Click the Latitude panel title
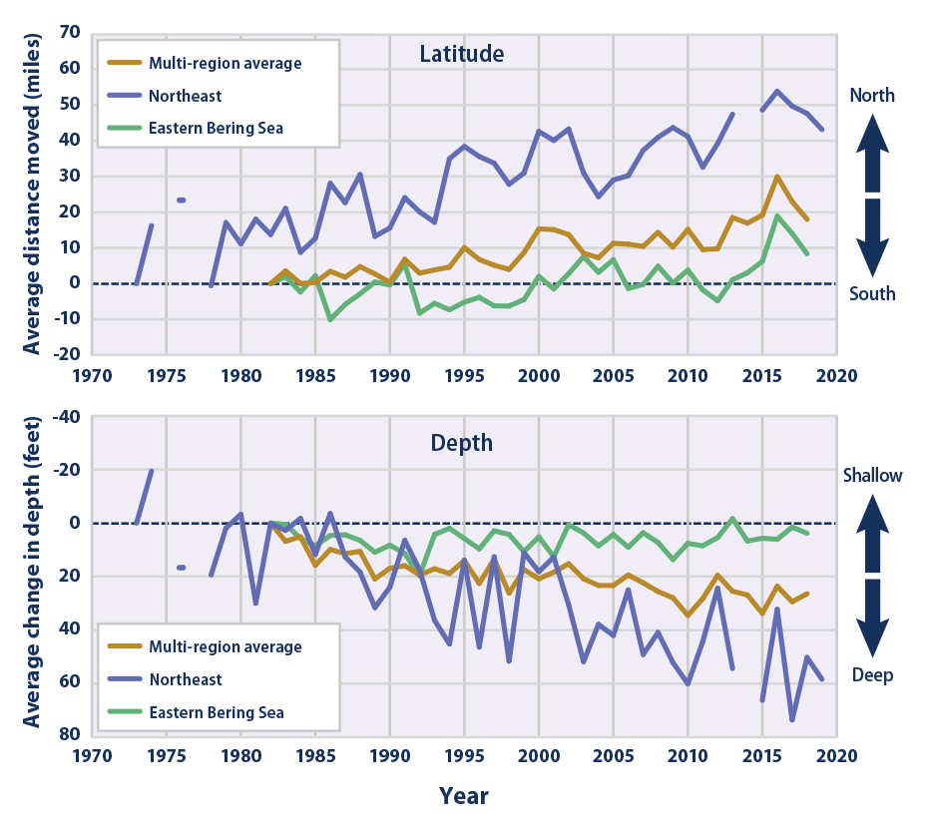pos(461,54)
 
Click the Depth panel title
pos(461,442)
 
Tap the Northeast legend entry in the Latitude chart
pos(185,96)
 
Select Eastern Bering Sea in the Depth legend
pos(217,712)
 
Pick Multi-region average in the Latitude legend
pos(225,64)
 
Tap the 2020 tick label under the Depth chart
pos(836,755)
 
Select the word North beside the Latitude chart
pos(871,96)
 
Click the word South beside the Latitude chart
pos(871,294)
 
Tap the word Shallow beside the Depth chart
pos(871,476)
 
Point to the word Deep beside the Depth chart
pos(871,675)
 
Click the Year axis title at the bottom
pos(463,796)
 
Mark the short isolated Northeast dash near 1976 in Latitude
pos(182,201)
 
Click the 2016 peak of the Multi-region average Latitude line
pos(777,177)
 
